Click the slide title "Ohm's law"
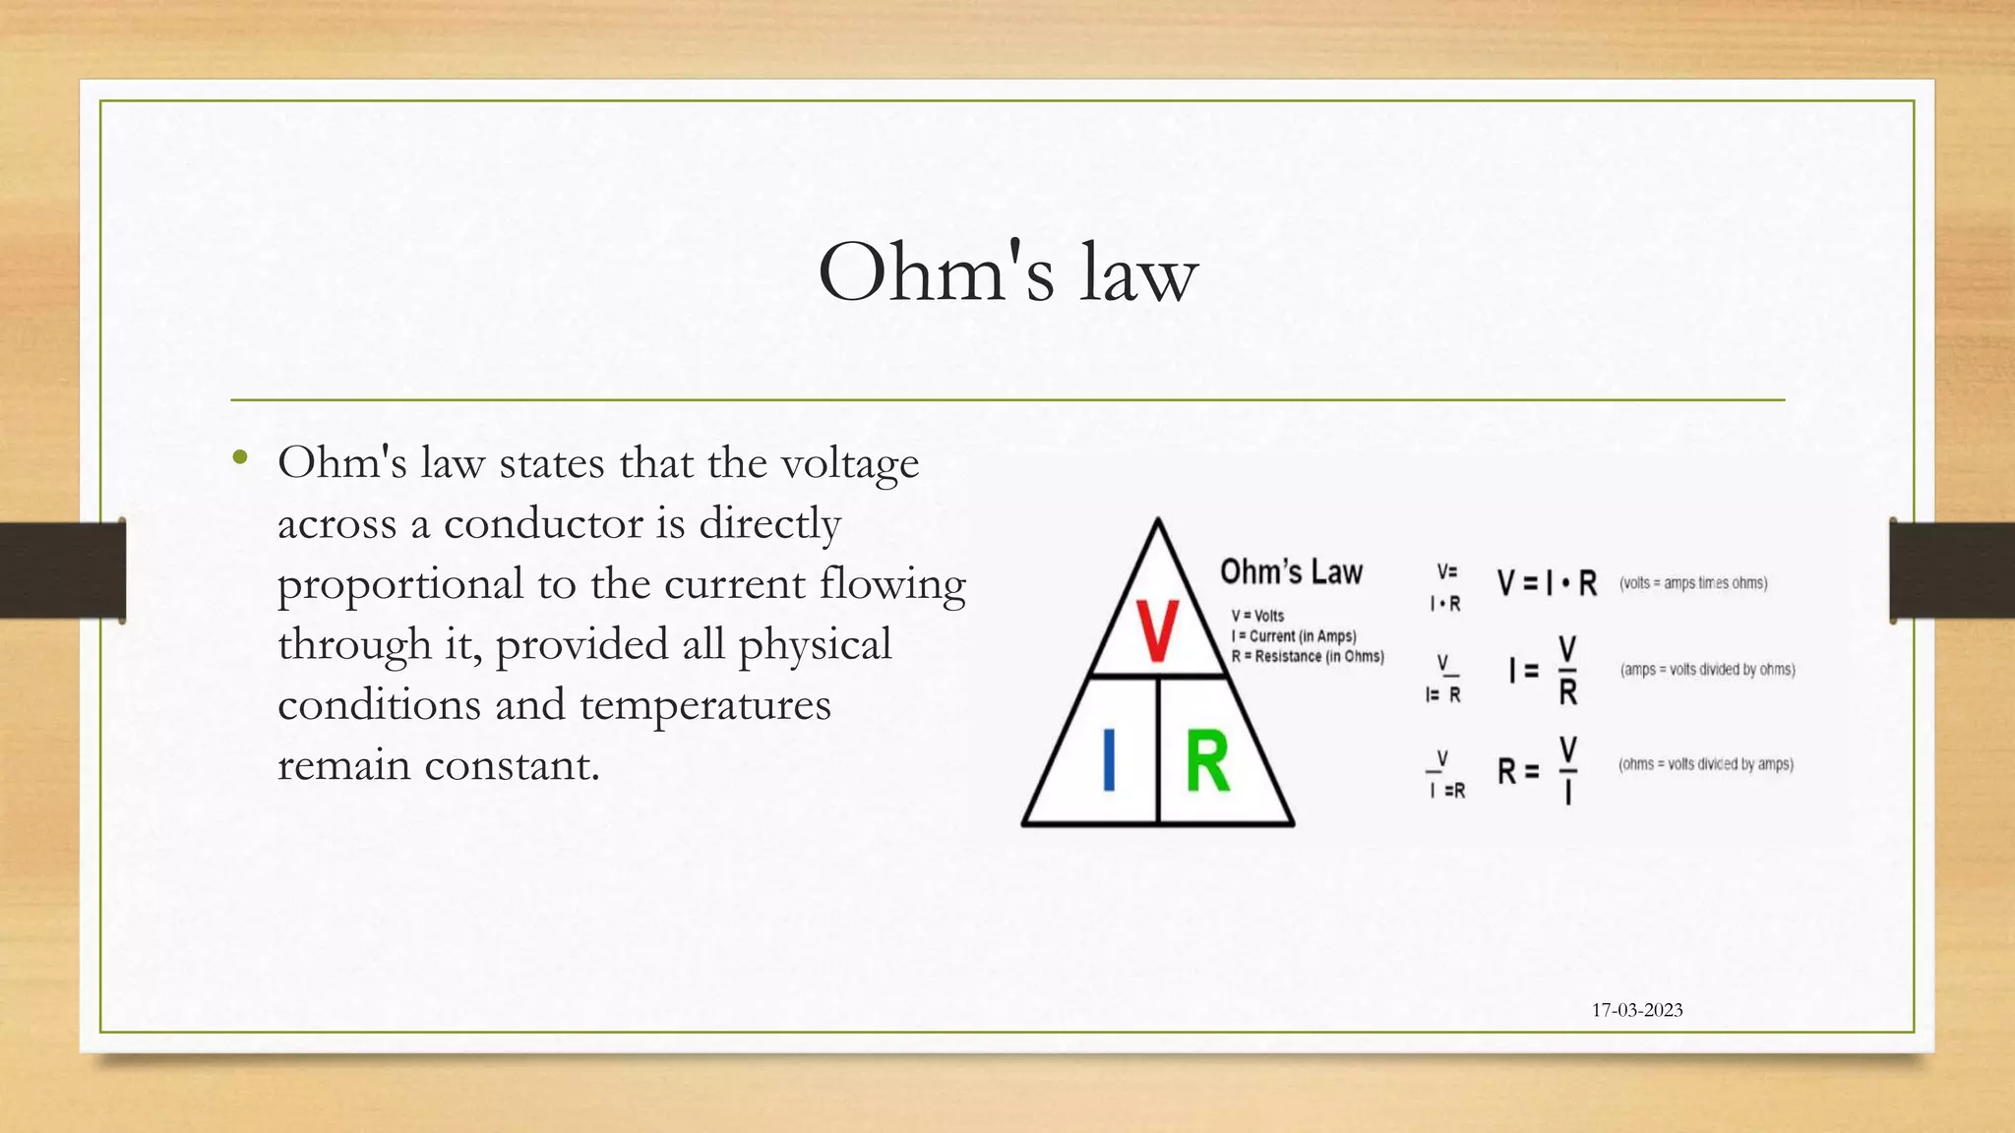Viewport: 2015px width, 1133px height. coord(1007,272)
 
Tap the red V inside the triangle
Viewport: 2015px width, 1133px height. coord(1157,631)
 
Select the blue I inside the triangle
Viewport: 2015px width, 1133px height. coord(1109,759)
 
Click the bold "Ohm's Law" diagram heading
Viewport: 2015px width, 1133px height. coord(1291,572)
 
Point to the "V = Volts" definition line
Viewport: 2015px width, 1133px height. coord(1257,616)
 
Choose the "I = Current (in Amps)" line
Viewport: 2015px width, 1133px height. coord(1293,636)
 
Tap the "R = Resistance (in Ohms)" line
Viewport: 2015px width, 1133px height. coord(1308,656)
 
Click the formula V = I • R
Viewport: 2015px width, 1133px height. coord(1547,583)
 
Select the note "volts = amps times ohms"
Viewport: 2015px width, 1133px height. coord(1693,583)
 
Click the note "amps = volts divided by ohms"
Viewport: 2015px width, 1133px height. coord(1707,670)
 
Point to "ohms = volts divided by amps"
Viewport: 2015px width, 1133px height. coord(1706,764)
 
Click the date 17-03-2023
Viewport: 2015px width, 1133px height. coord(1637,1010)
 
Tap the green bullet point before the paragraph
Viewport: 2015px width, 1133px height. coord(240,457)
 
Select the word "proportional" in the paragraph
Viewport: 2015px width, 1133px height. coord(400,585)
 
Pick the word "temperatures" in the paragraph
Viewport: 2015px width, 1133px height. coord(705,705)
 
